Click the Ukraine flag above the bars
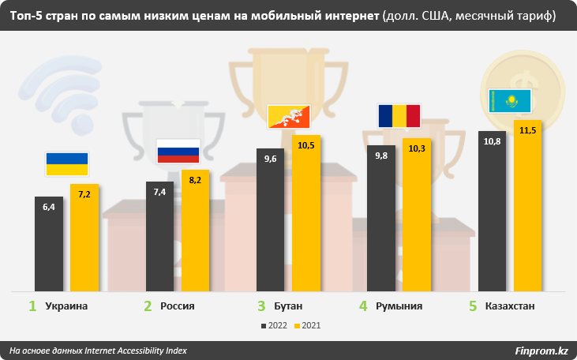67,163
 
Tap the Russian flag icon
178,151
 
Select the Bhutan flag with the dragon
290,116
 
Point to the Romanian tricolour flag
399,115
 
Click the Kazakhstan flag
511,99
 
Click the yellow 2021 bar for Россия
196,233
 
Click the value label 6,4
49,207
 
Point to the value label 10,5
306,145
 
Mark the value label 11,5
528,130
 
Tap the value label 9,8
381,156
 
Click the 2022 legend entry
274,325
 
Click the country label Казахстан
511,306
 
